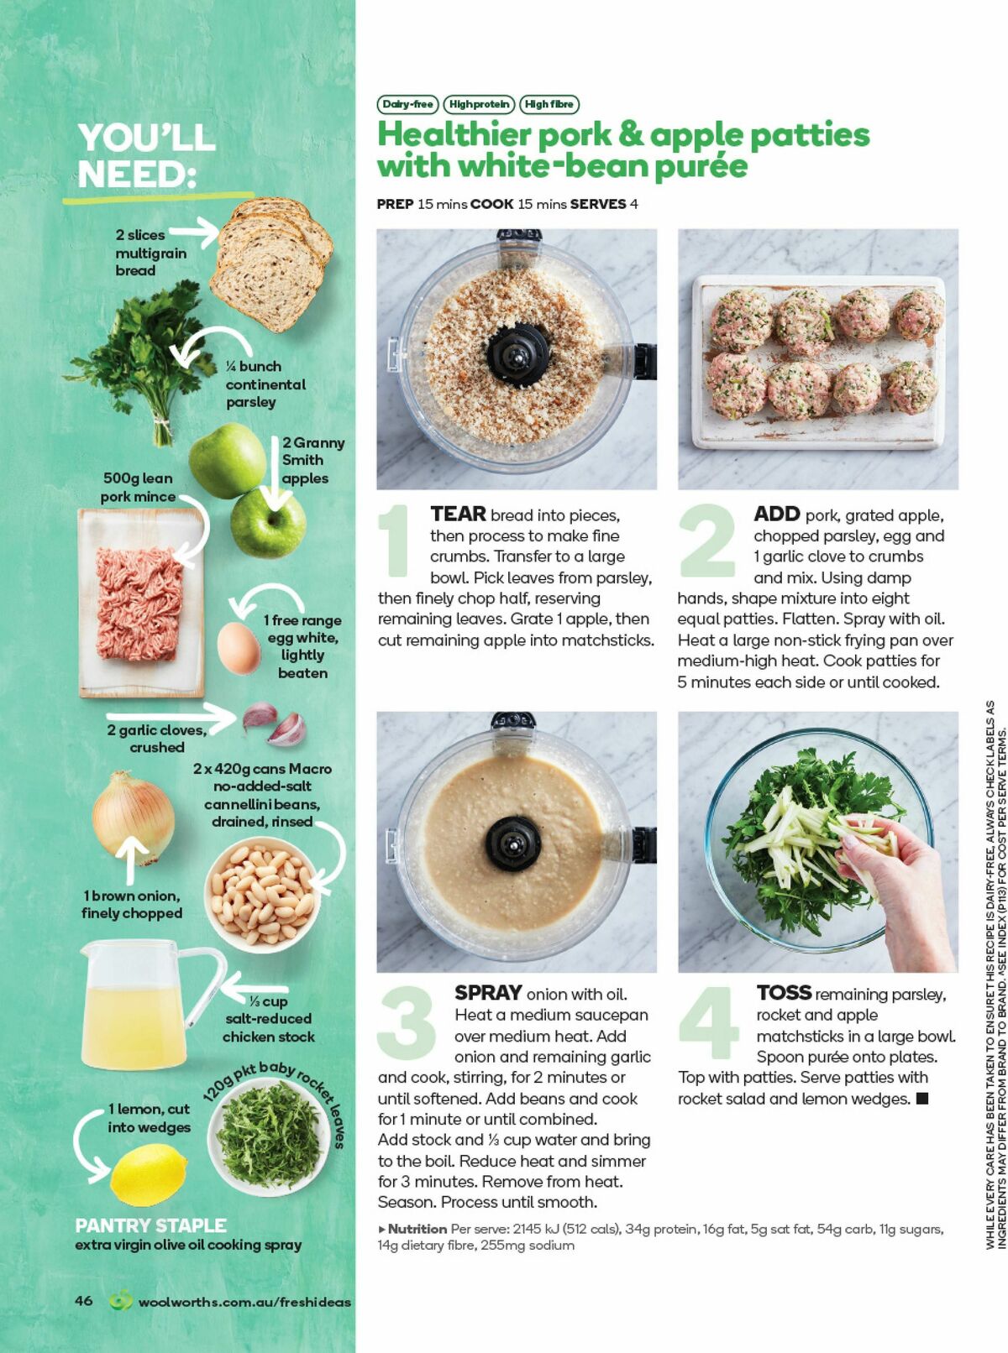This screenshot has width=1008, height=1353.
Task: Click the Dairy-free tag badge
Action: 407,104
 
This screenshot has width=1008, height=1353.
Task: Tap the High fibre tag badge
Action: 549,104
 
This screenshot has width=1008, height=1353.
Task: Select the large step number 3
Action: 407,1022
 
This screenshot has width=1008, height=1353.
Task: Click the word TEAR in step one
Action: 458,514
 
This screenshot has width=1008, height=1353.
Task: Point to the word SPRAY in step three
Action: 488,993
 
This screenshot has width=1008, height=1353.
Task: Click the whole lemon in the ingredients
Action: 149,1175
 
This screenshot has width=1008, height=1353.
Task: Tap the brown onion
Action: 134,818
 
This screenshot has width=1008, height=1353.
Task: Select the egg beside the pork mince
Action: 239,647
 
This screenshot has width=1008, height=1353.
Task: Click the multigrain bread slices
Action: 270,260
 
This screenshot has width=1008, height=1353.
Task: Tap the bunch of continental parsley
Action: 143,353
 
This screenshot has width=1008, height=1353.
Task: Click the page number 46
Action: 84,1300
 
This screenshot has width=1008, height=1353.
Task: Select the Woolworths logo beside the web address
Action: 121,1300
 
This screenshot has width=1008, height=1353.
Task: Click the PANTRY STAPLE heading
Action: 150,1225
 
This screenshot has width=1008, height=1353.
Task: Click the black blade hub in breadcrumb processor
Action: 517,354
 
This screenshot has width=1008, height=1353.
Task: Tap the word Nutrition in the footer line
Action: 417,1229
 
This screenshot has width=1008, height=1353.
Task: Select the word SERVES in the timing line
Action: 598,204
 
